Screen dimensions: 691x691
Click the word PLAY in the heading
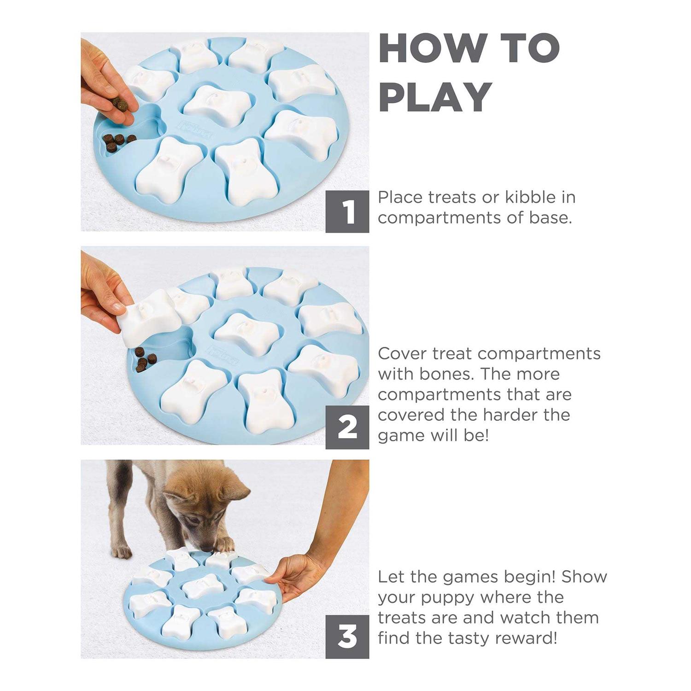435,97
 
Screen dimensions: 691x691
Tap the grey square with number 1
347,211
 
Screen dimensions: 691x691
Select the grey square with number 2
347,427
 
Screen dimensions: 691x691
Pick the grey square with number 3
347,637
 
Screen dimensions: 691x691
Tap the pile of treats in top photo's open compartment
117,142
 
